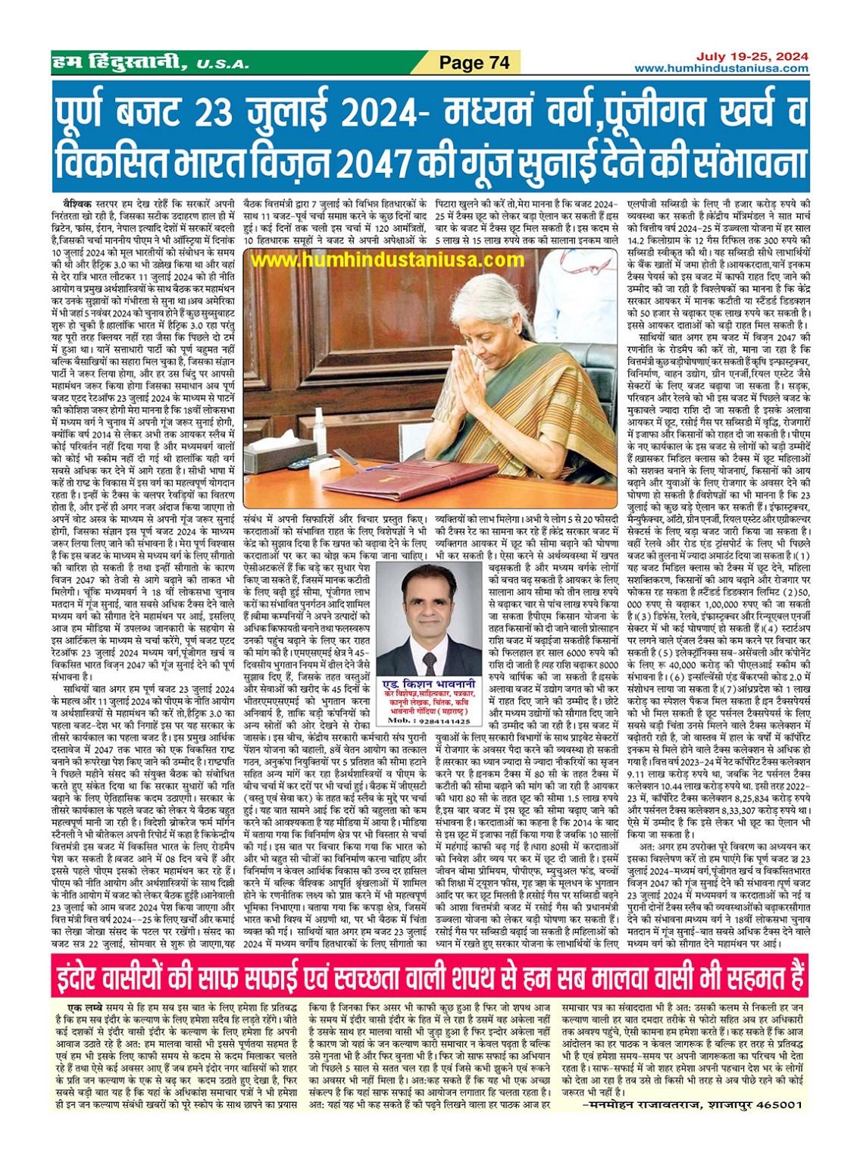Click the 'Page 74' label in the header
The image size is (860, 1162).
[475, 62]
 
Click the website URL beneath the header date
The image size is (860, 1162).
[721, 68]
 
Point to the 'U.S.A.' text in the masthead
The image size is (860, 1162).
[222, 64]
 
